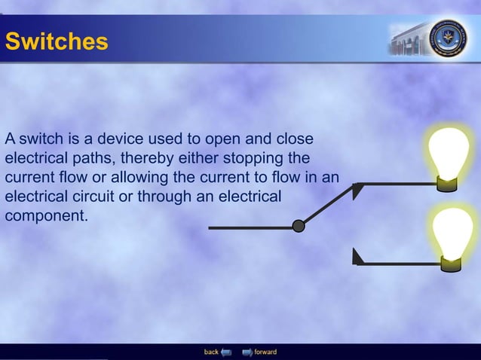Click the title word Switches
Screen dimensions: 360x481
point(57,41)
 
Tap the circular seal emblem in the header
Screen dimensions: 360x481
point(448,38)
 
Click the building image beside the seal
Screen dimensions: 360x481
point(407,41)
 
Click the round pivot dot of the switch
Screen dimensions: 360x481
point(299,226)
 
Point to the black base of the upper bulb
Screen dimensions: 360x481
point(450,183)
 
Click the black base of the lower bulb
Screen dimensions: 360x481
point(452,264)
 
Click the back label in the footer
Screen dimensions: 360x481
point(211,352)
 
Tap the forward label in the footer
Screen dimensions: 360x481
point(265,352)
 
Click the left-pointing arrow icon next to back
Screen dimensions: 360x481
point(225,352)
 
